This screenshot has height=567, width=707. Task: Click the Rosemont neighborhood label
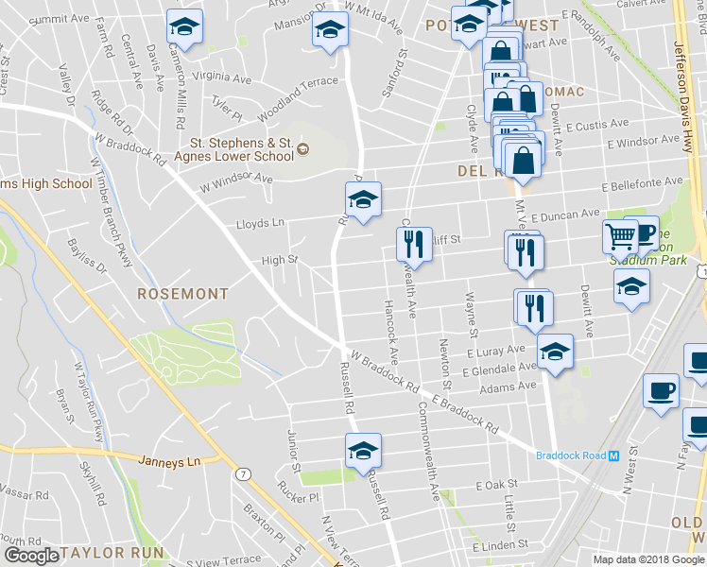[x=183, y=294]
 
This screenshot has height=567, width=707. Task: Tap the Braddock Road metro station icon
[x=613, y=455]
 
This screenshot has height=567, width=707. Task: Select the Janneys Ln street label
[x=170, y=461]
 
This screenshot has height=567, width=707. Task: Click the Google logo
[x=30, y=556]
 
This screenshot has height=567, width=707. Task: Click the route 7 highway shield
[x=246, y=472]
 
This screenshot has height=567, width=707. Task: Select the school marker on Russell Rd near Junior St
[x=362, y=451]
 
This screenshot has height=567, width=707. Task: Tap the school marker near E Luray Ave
[x=555, y=352]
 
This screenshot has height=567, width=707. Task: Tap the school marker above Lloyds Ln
[x=362, y=199]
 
